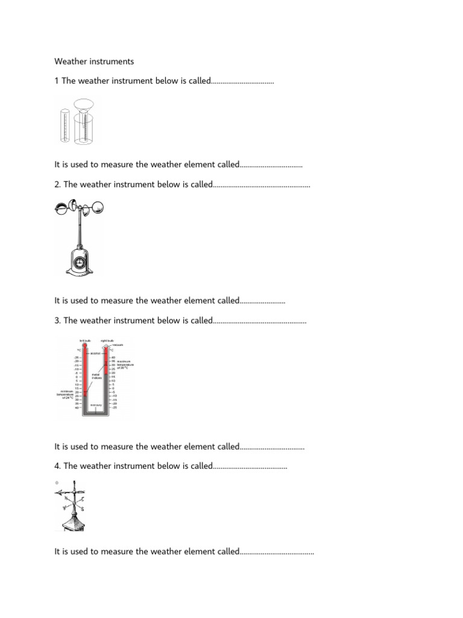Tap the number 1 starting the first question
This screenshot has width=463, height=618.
click(x=57, y=80)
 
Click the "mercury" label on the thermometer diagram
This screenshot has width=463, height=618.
click(x=96, y=405)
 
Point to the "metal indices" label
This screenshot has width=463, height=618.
click(x=96, y=376)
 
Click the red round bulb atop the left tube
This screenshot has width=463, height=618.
click(x=85, y=346)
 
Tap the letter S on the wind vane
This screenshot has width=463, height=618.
click(x=82, y=509)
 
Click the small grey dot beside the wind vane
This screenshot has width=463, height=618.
click(x=56, y=483)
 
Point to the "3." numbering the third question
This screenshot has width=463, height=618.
click(x=58, y=321)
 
